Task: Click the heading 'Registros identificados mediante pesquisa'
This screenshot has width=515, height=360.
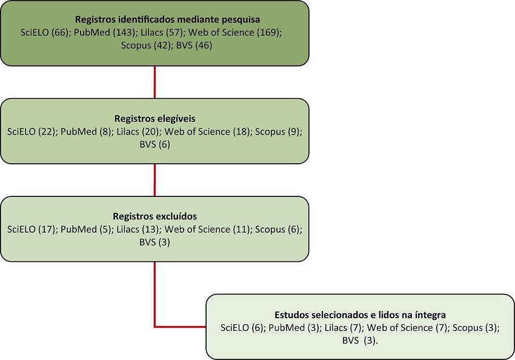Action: pos(154,18)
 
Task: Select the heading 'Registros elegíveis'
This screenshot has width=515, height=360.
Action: pos(154,120)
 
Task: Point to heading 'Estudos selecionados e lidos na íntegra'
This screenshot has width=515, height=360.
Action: pos(360,315)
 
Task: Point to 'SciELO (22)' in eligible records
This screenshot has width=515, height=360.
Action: pos(30,132)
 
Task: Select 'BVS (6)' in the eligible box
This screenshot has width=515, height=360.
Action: pos(154,144)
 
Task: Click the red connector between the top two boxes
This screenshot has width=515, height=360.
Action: pos(155,82)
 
